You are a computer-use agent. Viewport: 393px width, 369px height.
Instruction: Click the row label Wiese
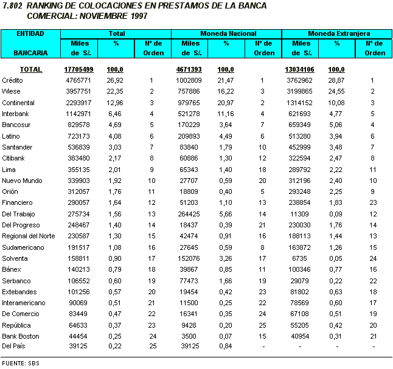(x=12, y=91)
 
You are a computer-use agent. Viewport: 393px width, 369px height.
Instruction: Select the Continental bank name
(x=18, y=103)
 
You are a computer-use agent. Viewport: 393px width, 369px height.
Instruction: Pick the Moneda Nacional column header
(x=227, y=33)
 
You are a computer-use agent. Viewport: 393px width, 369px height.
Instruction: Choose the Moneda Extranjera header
(x=339, y=33)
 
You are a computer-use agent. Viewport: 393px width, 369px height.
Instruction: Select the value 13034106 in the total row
(x=299, y=69)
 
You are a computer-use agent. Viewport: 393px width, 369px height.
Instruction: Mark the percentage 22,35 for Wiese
(x=115, y=91)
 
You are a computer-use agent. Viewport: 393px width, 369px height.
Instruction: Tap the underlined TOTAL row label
(x=30, y=69)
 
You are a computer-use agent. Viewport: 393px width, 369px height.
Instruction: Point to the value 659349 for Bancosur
(x=301, y=125)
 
